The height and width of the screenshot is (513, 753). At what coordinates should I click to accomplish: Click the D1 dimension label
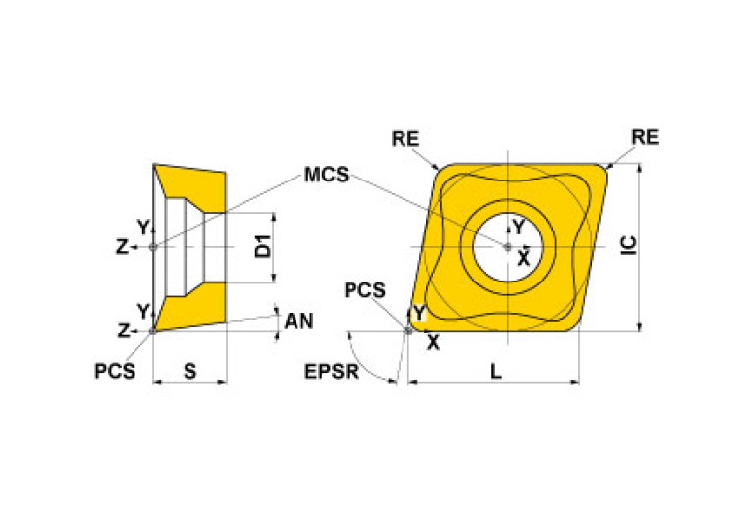262,247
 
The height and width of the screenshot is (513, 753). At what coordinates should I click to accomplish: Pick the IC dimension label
630,246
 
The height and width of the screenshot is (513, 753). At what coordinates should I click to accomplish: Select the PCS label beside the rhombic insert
364,290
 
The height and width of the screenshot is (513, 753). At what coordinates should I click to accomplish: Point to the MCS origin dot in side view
153,247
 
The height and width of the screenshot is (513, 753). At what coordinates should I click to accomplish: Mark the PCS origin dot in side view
153,332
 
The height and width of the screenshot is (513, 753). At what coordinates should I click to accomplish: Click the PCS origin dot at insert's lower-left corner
409,331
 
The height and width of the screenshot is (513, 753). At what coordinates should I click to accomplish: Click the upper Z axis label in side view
121,248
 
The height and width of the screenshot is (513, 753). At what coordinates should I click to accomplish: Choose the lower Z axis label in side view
121,332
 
